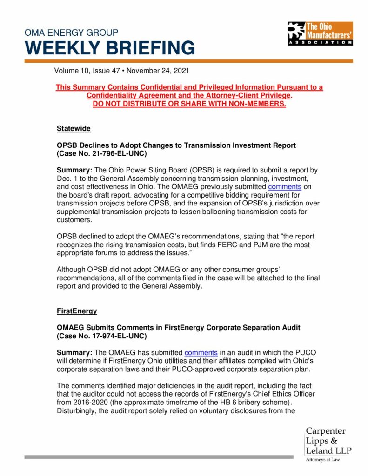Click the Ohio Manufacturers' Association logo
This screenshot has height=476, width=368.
pos(320,33)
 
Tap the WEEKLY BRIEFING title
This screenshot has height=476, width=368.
pos(110,48)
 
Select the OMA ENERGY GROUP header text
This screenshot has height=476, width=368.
pos(71,33)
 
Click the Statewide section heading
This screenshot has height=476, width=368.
pos(74,128)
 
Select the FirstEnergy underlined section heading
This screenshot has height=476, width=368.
pos(77,310)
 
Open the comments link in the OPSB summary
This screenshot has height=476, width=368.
pos(285,187)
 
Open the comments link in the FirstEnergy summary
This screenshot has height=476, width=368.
pos(201,353)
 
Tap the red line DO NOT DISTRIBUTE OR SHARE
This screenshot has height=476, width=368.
pos(189,104)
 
